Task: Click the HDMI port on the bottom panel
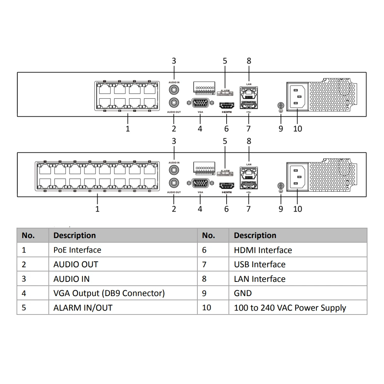[226, 185]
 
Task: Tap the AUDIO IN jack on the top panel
[174, 89]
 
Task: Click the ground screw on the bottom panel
[280, 187]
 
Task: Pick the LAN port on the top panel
[248, 92]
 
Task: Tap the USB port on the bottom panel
[248, 185]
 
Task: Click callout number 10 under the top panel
[298, 129]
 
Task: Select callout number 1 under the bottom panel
[98, 209]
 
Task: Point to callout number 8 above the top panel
[249, 61]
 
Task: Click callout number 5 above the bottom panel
[225, 141]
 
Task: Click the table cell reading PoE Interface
[78, 250]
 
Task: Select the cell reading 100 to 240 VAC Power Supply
[290, 308]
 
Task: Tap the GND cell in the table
[243, 293]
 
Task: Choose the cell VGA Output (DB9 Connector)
[109, 293]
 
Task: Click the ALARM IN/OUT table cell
[83, 308]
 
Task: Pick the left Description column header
[74, 235]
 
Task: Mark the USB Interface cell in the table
[260, 265]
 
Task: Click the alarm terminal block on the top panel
[204, 88]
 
